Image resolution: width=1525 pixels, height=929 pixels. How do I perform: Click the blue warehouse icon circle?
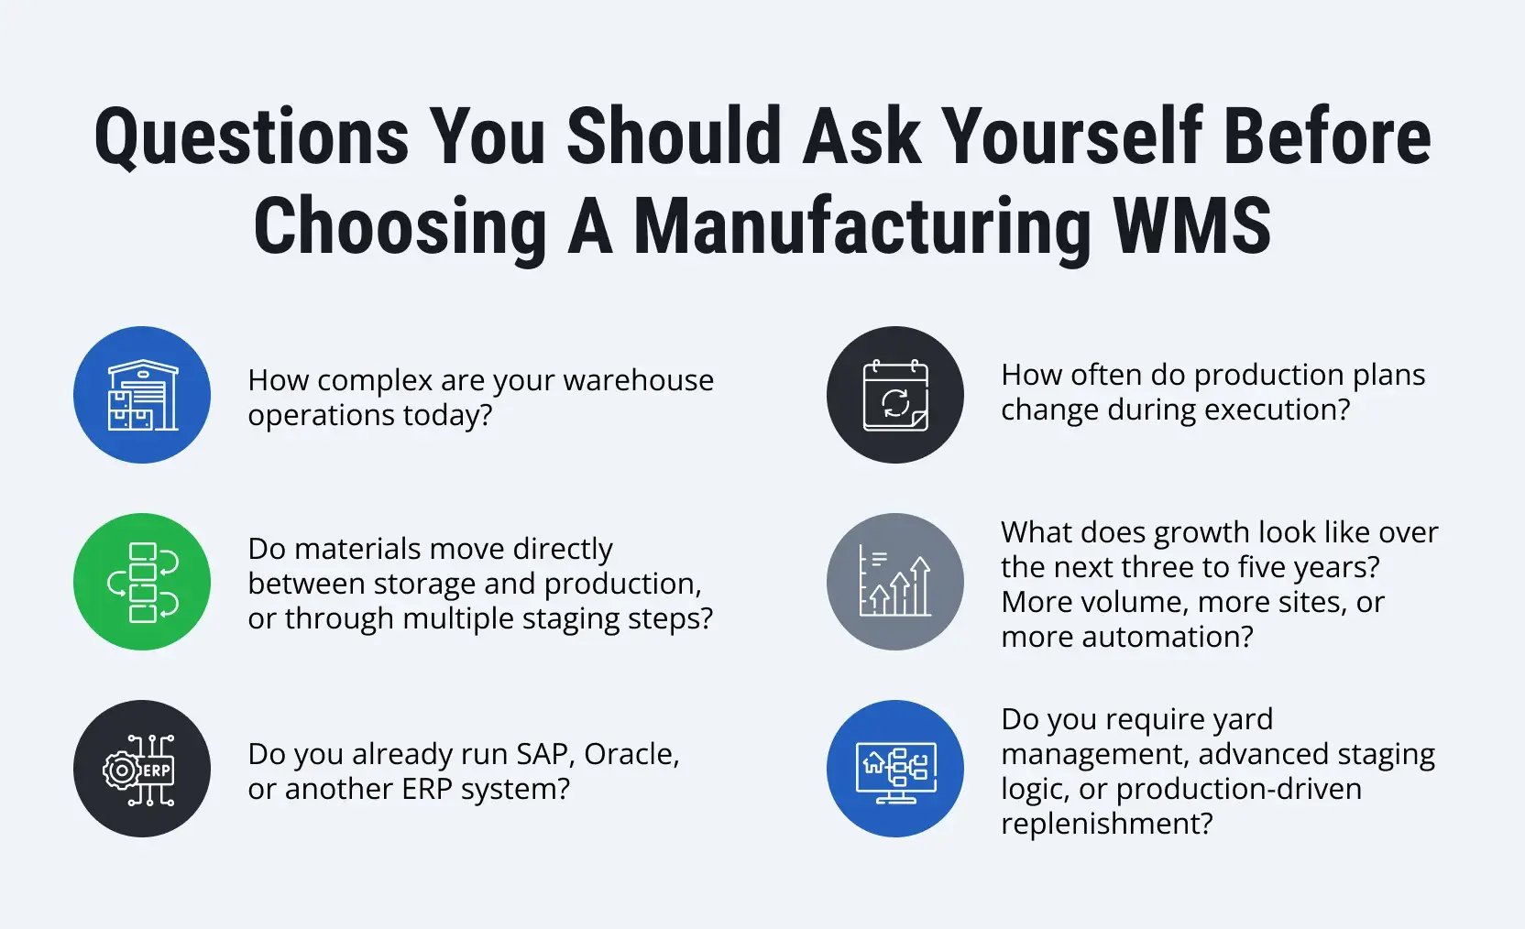pyautogui.click(x=142, y=395)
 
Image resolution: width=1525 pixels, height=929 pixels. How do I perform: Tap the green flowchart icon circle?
pyautogui.click(x=142, y=582)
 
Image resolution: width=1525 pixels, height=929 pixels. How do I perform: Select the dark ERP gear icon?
pyautogui.click(x=142, y=769)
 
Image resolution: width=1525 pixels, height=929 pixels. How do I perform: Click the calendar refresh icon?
pyautogui.click(x=895, y=395)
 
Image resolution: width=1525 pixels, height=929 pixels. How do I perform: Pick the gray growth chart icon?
pyautogui.click(x=895, y=582)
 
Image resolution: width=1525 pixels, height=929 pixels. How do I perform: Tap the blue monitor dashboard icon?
pyautogui.click(x=895, y=769)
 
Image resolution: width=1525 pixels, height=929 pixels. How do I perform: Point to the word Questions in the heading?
pyautogui.click(x=251, y=137)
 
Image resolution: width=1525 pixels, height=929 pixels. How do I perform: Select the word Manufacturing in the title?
pyautogui.click(x=862, y=226)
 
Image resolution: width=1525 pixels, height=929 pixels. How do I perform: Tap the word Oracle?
pyautogui.click(x=631, y=754)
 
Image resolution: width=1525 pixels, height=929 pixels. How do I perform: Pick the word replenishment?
pyautogui.click(x=1106, y=824)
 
